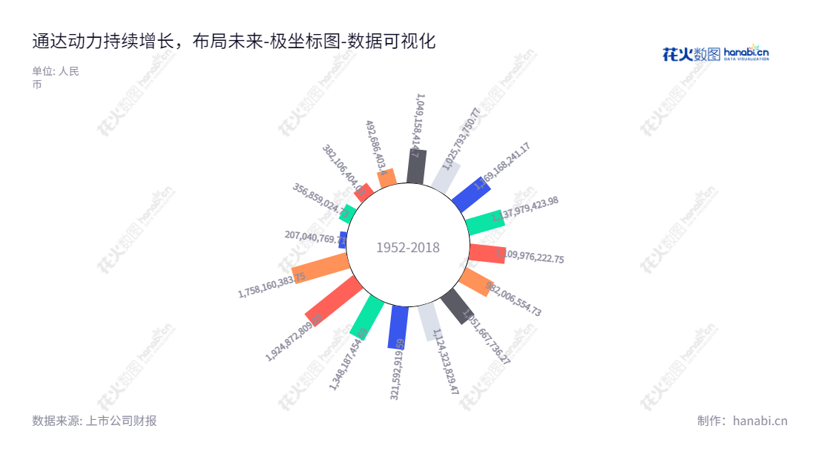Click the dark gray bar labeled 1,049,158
pyautogui.click(x=416, y=167)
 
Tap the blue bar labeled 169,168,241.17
pyautogui.click(x=471, y=194)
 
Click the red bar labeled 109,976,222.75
pyautogui.click(x=487, y=253)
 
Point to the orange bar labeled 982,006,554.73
pyautogui.click(x=475, y=282)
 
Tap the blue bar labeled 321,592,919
pyautogui.click(x=398, y=327)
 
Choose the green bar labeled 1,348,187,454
pyautogui.click(x=366, y=317)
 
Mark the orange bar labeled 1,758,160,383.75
pyautogui.click(x=320, y=268)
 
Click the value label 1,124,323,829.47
pyautogui.click(x=447, y=361)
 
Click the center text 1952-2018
pyautogui.click(x=408, y=248)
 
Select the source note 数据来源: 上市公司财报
pyautogui.click(x=94, y=421)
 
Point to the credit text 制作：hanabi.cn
pyautogui.click(x=742, y=421)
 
